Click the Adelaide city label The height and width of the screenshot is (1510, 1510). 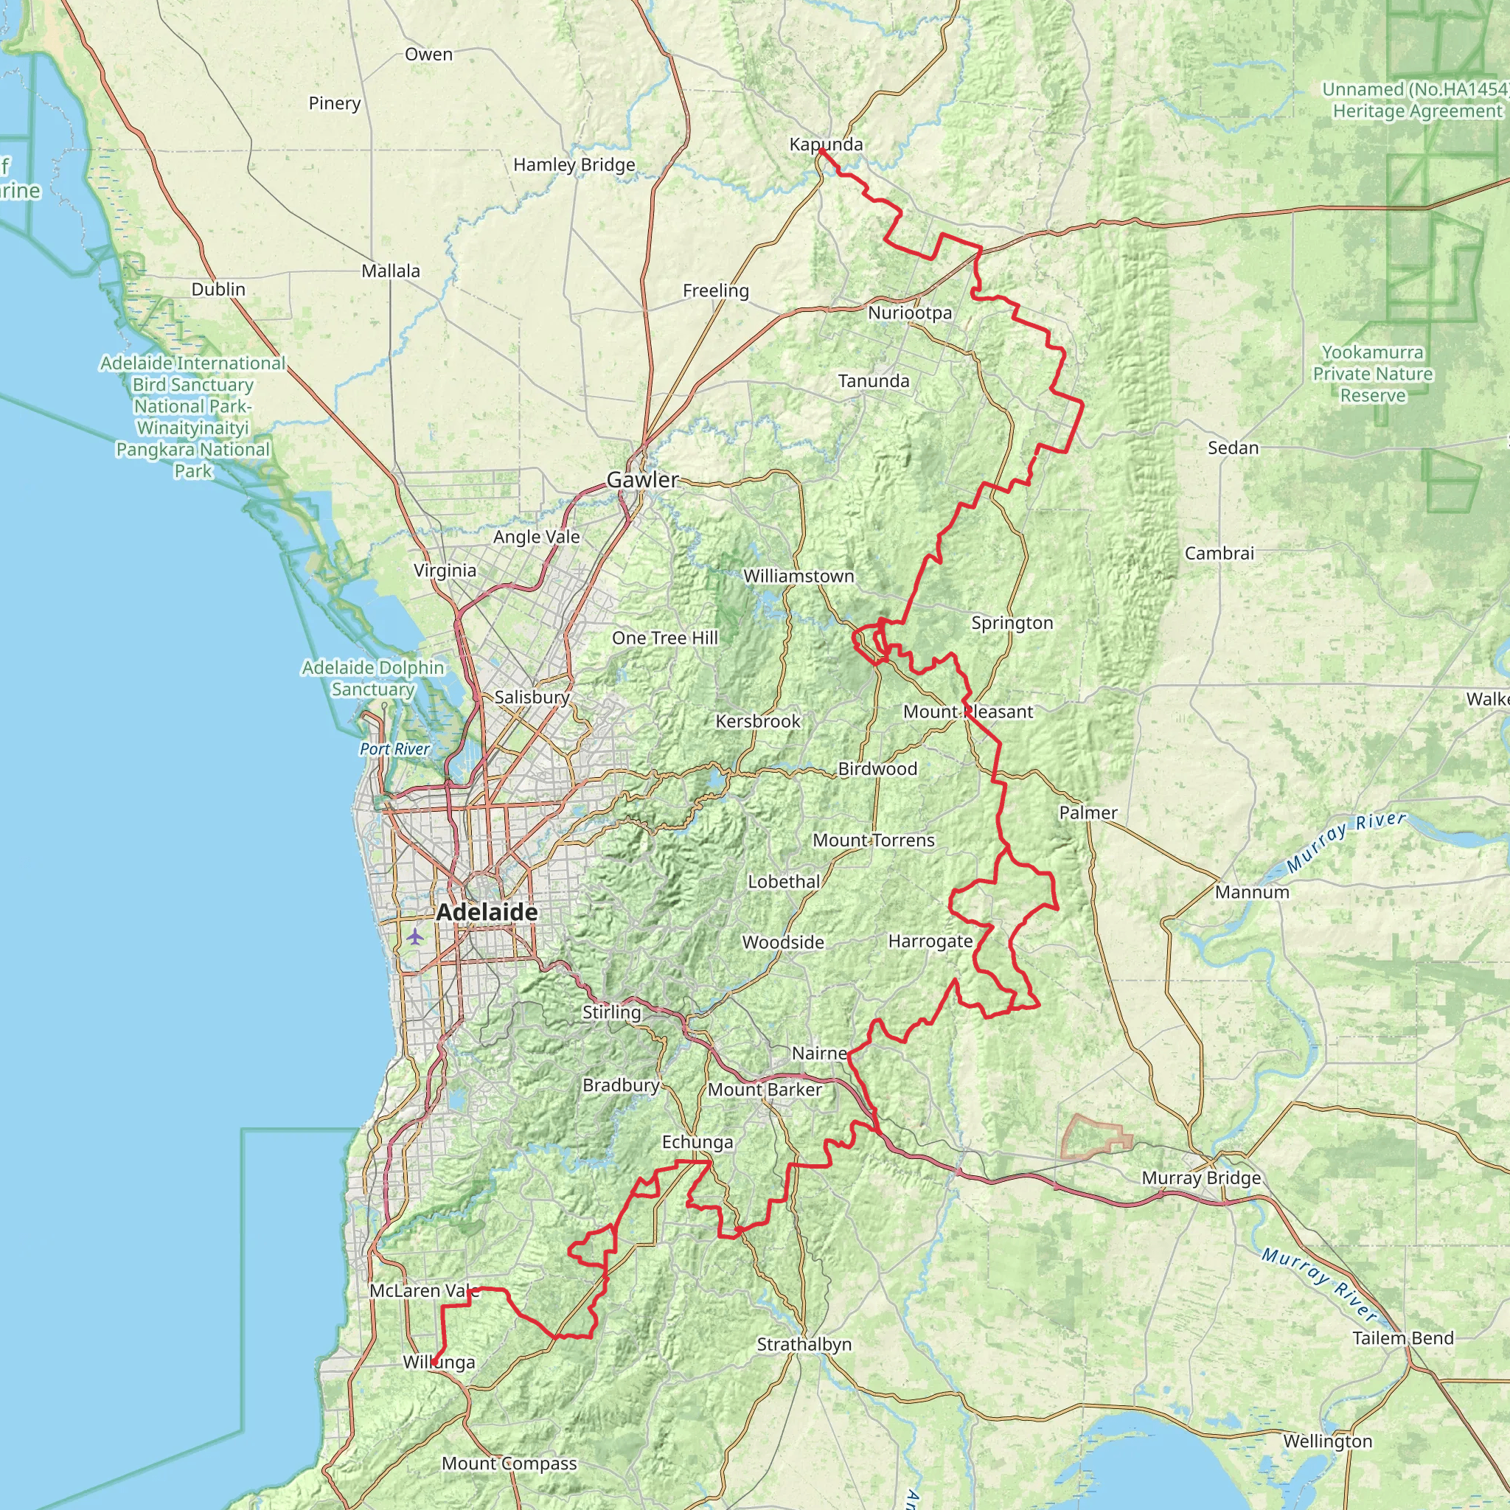(x=487, y=912)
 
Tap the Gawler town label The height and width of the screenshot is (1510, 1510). (x=642, y=480)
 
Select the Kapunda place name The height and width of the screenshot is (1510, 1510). (x=825, y=145)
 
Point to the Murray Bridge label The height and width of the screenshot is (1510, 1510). (x=1200, y=1177)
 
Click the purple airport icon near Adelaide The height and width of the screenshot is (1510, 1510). (x=414, y=936)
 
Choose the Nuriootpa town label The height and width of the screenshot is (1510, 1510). (x=910, y=313)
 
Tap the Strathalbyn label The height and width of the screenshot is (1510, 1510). (x=804, y=1344)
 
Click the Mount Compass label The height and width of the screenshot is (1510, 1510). (x=509, y=1463)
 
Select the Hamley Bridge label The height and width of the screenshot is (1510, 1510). (x=574, y=165)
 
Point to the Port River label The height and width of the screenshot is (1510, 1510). (x=394, y=749)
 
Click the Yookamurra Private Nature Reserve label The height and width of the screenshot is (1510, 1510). (x=1372, y=374)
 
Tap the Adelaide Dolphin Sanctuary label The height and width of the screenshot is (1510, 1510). (x=373, y=678)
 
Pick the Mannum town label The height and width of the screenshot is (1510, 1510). (x=1251, y=893)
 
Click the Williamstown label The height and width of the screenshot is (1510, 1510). (x=798, y=576)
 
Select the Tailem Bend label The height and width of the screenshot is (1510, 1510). (x=1403, y=1338)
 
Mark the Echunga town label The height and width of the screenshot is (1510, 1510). (x=697, y=1143)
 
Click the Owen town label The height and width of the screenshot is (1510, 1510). (x=428, y=55)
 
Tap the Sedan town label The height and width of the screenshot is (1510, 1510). (x=1233, y=448)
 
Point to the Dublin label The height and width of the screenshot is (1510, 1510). (x=218, y=289)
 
